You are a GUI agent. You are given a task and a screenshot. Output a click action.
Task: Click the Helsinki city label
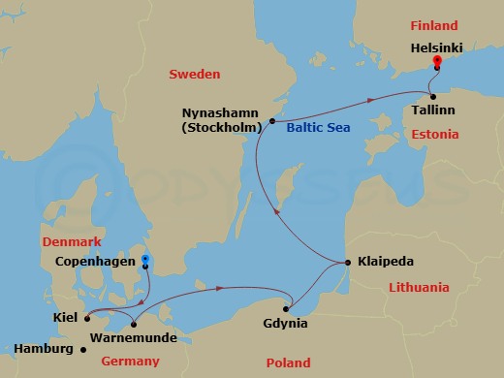[x=436, y=45]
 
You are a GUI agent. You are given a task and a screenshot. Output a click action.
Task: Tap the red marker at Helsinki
[x=437, y=61]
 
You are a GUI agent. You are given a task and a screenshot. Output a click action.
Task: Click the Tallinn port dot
[x=431, y=95]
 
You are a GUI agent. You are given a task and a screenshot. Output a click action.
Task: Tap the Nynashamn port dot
[x=273, y=121]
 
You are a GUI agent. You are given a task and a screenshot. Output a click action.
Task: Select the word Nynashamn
[x=226, y=112]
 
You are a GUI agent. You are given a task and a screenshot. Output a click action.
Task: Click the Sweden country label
[x=195, y=74]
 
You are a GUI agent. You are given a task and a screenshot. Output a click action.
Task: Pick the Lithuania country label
[x=418, y=288]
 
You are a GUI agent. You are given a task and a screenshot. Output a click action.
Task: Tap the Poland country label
[x=289, y=362]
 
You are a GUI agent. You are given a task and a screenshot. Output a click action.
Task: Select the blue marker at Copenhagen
[x=144, y=259]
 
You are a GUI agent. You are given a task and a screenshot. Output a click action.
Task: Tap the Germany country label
[x=130, y=362]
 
